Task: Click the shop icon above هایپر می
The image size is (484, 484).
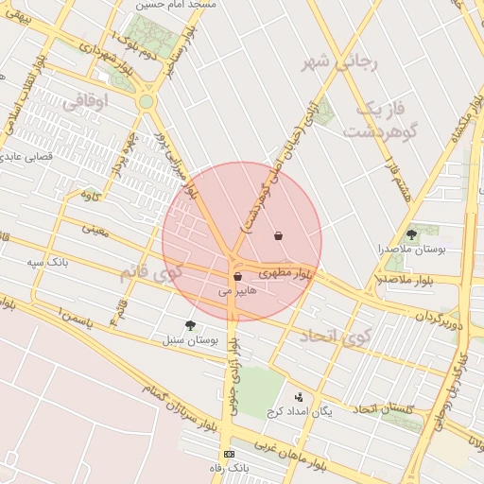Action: point(236,276)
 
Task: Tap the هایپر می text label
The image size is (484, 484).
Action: point(237,291)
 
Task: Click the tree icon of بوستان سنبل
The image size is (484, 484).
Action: point(191,325)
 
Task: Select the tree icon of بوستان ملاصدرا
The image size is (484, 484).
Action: point(411,233)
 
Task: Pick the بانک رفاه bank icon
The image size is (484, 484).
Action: point(228,455)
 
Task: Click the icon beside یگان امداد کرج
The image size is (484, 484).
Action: point(300,397)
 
